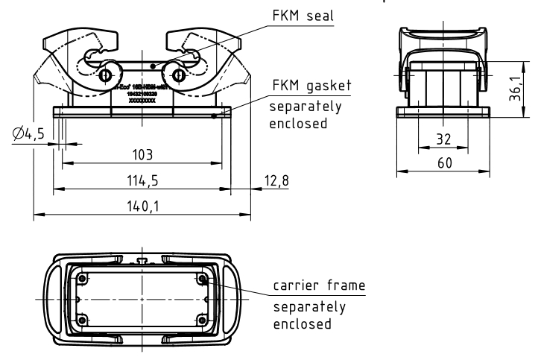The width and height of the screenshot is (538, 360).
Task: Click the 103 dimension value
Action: [x=142, y=155]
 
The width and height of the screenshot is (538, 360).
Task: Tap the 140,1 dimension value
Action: [x=142, y=205]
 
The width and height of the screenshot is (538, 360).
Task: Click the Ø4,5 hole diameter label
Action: [x=27, y=134]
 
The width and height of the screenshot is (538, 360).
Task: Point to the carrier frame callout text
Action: [x=318, y=286]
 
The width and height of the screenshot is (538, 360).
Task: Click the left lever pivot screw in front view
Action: [x=105, y=75]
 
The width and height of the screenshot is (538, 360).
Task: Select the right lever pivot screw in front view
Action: [x=178, y=75]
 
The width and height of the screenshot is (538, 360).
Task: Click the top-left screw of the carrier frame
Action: [x=79, y=280]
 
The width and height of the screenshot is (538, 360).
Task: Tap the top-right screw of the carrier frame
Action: [x=203, y=280]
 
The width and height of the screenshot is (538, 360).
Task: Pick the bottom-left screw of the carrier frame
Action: [x=79, y=319]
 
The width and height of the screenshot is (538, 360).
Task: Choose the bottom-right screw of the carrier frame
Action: [x=203, y=319]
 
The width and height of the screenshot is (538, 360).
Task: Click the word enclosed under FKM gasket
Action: [x=297, y=123]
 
